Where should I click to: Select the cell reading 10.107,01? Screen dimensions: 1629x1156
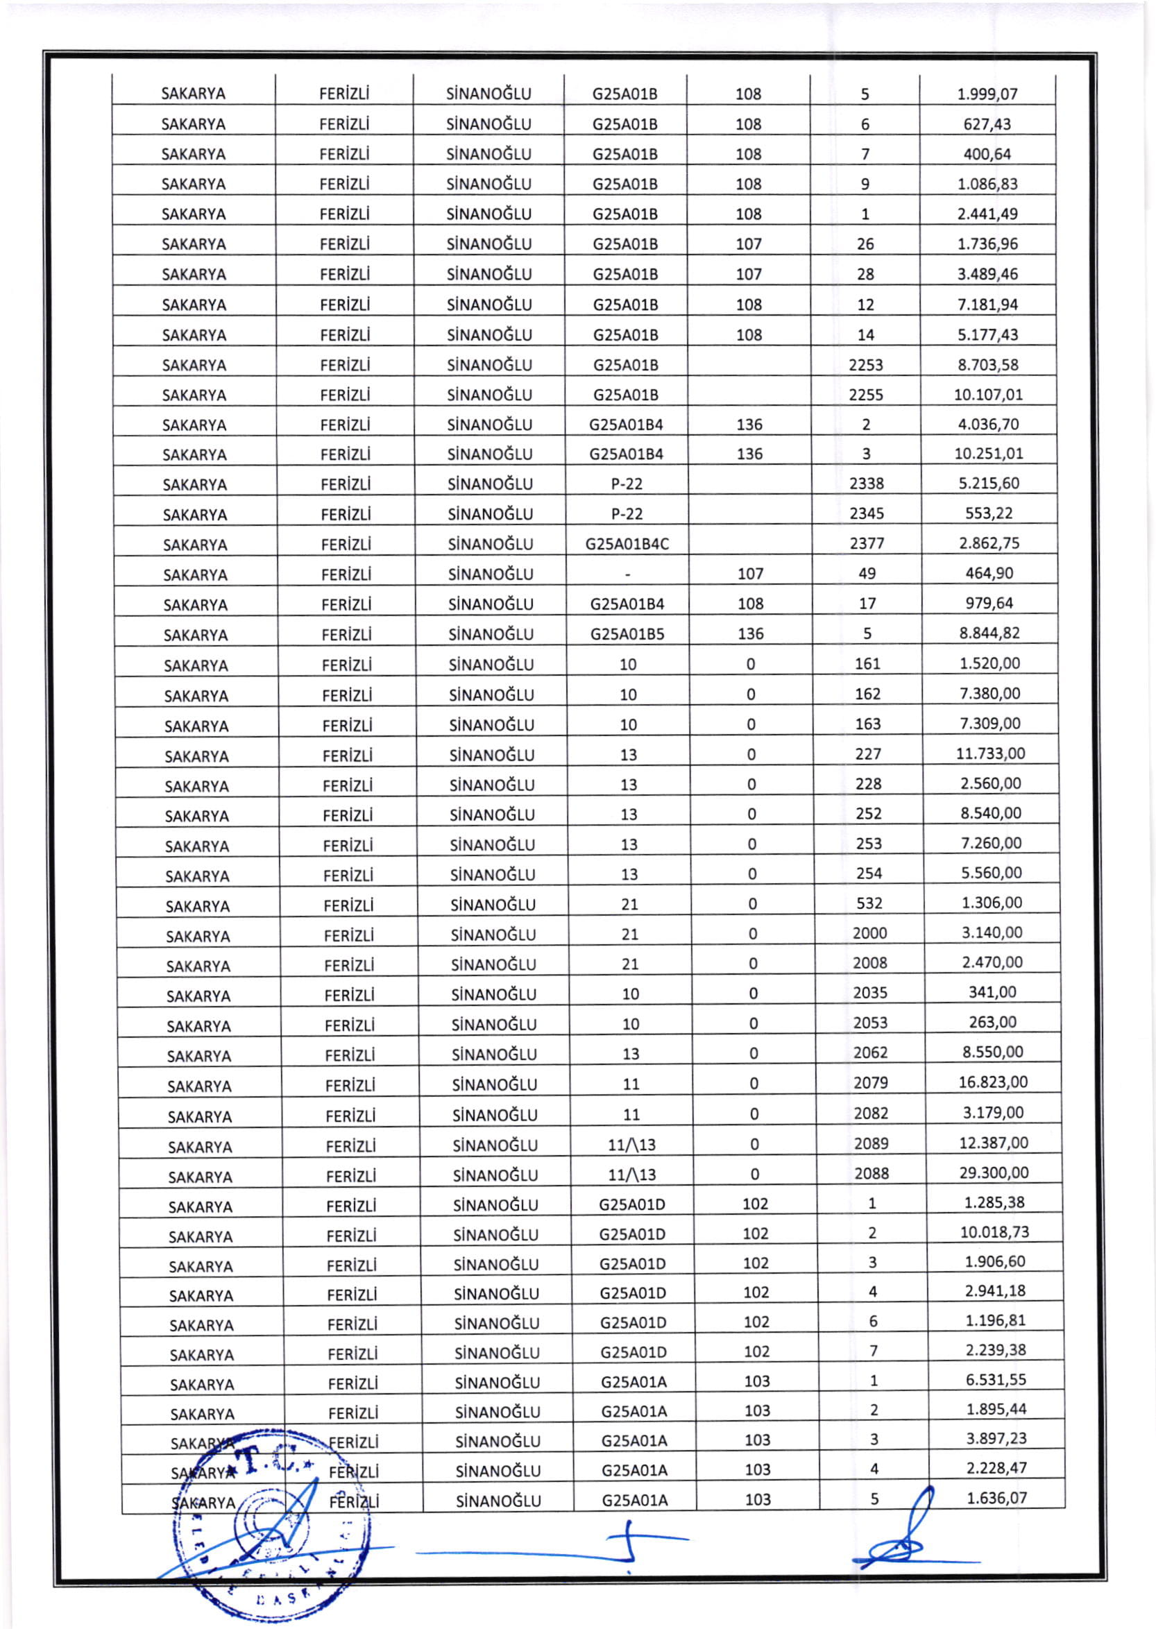[x=988, y=394]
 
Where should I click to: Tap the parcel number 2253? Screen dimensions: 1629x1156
[x=865, y=364]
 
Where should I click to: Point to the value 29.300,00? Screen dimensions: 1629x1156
[x=994, y=1172]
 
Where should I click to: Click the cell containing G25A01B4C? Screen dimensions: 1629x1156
[x=627, y=544]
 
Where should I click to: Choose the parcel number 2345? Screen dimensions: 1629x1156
[x=866, y=513]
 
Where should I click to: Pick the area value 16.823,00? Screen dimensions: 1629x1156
[x=993, y=1082]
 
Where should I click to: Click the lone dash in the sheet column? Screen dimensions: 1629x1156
[x=627, y=574]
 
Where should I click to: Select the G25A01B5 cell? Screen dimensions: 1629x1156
[x=627, y=633]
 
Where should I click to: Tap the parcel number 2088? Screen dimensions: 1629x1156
[x=872, y=1172]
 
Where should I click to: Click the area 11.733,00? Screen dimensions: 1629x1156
[x=990, y=753]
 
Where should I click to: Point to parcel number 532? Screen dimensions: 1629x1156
[x=869, y=903]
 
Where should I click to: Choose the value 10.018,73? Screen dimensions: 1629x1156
[x=994, y=1232]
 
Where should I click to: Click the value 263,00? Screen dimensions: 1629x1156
[x=992, y=1022]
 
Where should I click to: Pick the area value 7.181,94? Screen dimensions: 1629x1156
[x=987, y=305]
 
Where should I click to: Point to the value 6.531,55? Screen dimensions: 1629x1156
[x=996, y=1380]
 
